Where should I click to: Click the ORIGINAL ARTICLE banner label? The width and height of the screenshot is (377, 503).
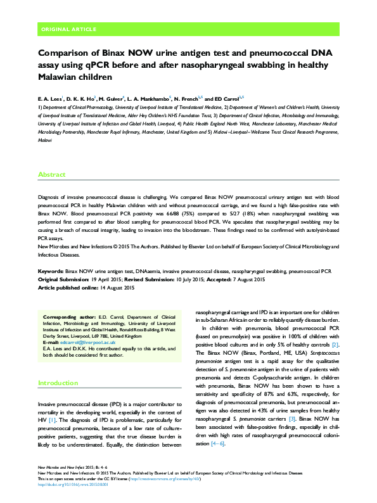[68, 29]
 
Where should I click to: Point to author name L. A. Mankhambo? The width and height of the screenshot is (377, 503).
[146, 99]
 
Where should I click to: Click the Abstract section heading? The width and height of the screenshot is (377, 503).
[52, 174]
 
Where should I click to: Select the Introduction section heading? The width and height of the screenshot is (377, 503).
[59, 383]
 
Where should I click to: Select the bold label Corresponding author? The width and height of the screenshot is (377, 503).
[69, 315]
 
